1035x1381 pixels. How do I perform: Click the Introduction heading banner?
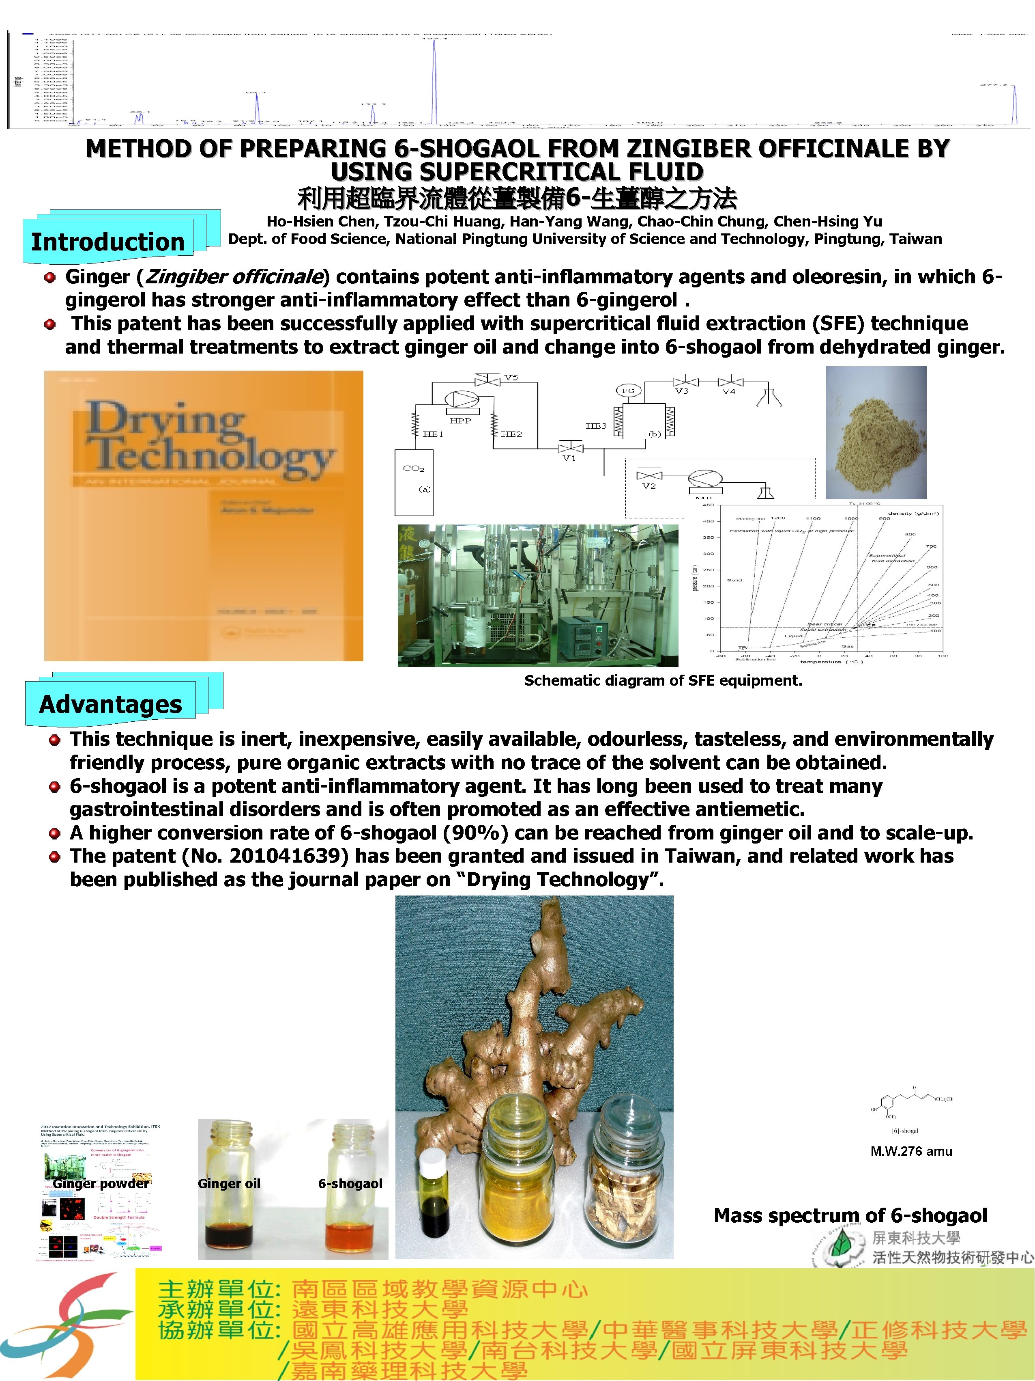108,242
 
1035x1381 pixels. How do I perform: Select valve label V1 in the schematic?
569,457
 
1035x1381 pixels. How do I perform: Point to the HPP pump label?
460,421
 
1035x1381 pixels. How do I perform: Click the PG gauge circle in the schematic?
628,391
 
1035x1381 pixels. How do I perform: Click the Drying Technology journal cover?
203,516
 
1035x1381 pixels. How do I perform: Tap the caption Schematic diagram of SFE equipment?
663,680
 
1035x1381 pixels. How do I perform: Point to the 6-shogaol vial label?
350,1183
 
